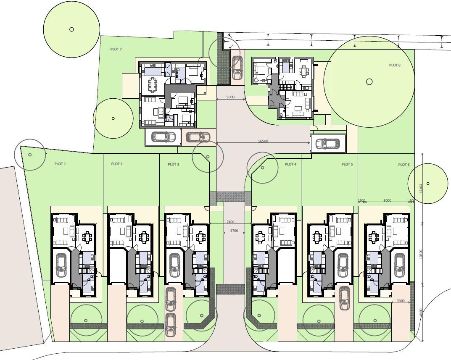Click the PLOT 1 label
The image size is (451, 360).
60,164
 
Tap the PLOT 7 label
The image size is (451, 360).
116,49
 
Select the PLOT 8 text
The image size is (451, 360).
395,65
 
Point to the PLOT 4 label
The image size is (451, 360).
290,164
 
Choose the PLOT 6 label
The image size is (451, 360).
404,165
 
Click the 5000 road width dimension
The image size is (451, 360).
230,97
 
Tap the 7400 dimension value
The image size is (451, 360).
230,222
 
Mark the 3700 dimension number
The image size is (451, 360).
234,231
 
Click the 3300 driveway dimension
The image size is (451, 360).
401,301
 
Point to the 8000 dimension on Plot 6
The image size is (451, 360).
387,200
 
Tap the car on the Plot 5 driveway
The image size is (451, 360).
344,298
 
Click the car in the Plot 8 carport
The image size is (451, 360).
328,144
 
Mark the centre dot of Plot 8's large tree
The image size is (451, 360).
369,81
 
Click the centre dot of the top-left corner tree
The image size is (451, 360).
71,29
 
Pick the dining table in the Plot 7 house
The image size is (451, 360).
152,85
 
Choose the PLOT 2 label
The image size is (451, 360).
117,164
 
